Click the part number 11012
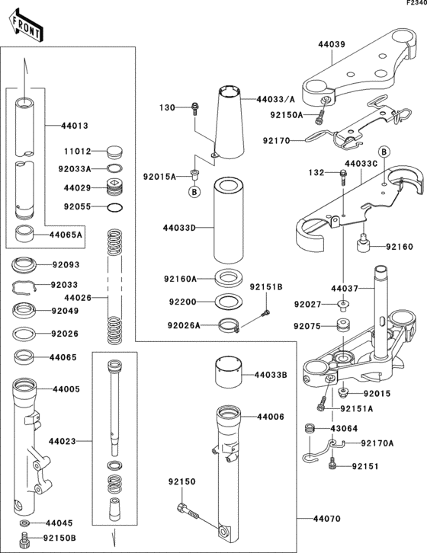(x=78, y=152)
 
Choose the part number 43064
(x=343, y=428)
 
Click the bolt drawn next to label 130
(x=195, y=108)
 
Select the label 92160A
(x=180, y=278)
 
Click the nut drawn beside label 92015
(x=343, y=394)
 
